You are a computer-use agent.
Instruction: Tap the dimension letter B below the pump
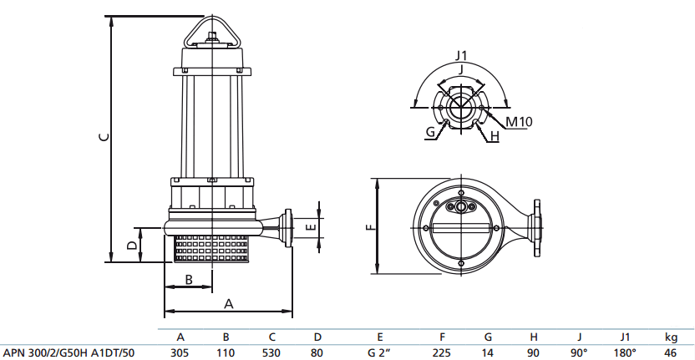click(x=189, y=279)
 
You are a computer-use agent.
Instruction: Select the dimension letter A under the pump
click(x=227, y=305)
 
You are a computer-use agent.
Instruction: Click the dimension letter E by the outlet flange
click(x=310, y=226)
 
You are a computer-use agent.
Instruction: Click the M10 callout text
click(x=519, y=121)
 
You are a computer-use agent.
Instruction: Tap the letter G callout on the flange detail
click(x=430, y=132)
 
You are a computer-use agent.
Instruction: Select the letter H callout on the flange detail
click(x=494, y=135)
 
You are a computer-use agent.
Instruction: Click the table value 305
click(x=180, y=352)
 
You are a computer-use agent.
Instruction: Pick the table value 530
click(x=271, y=352)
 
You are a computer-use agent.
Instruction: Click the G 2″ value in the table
click(x=380, y=352)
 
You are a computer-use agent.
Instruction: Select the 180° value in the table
click(x=627, y=352)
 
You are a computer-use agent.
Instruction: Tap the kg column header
click(x=670, y=337)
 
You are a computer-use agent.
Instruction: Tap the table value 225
click(x=442, y=352)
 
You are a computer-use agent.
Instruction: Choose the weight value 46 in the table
click(x=670, y=352)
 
